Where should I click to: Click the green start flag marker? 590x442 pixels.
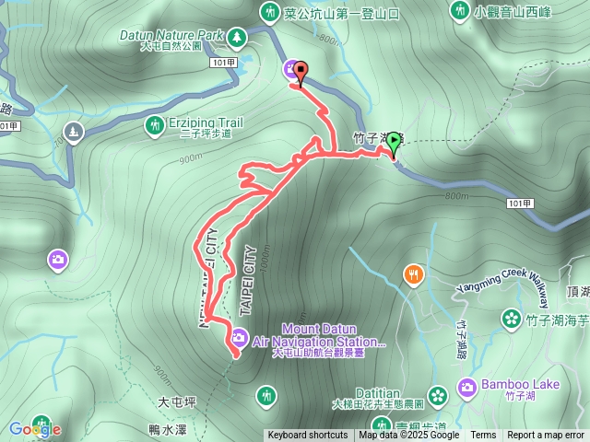tap(394, 142)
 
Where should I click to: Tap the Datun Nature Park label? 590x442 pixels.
tap(172, 35)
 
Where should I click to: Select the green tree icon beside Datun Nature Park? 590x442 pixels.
tap(238, 36)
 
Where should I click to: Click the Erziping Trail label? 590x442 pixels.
tap(206, 122)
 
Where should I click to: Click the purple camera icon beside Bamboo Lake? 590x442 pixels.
tap(467, 388)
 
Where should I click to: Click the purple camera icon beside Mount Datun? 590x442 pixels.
tap(239, 338)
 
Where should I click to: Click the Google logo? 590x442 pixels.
tap(35, 428)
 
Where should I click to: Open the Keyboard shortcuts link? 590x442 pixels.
tap(308, 436)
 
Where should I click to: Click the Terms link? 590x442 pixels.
tap(483, 436)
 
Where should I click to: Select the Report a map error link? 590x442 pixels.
tap(546, 436)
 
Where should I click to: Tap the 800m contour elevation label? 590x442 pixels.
tap(455, 195)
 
